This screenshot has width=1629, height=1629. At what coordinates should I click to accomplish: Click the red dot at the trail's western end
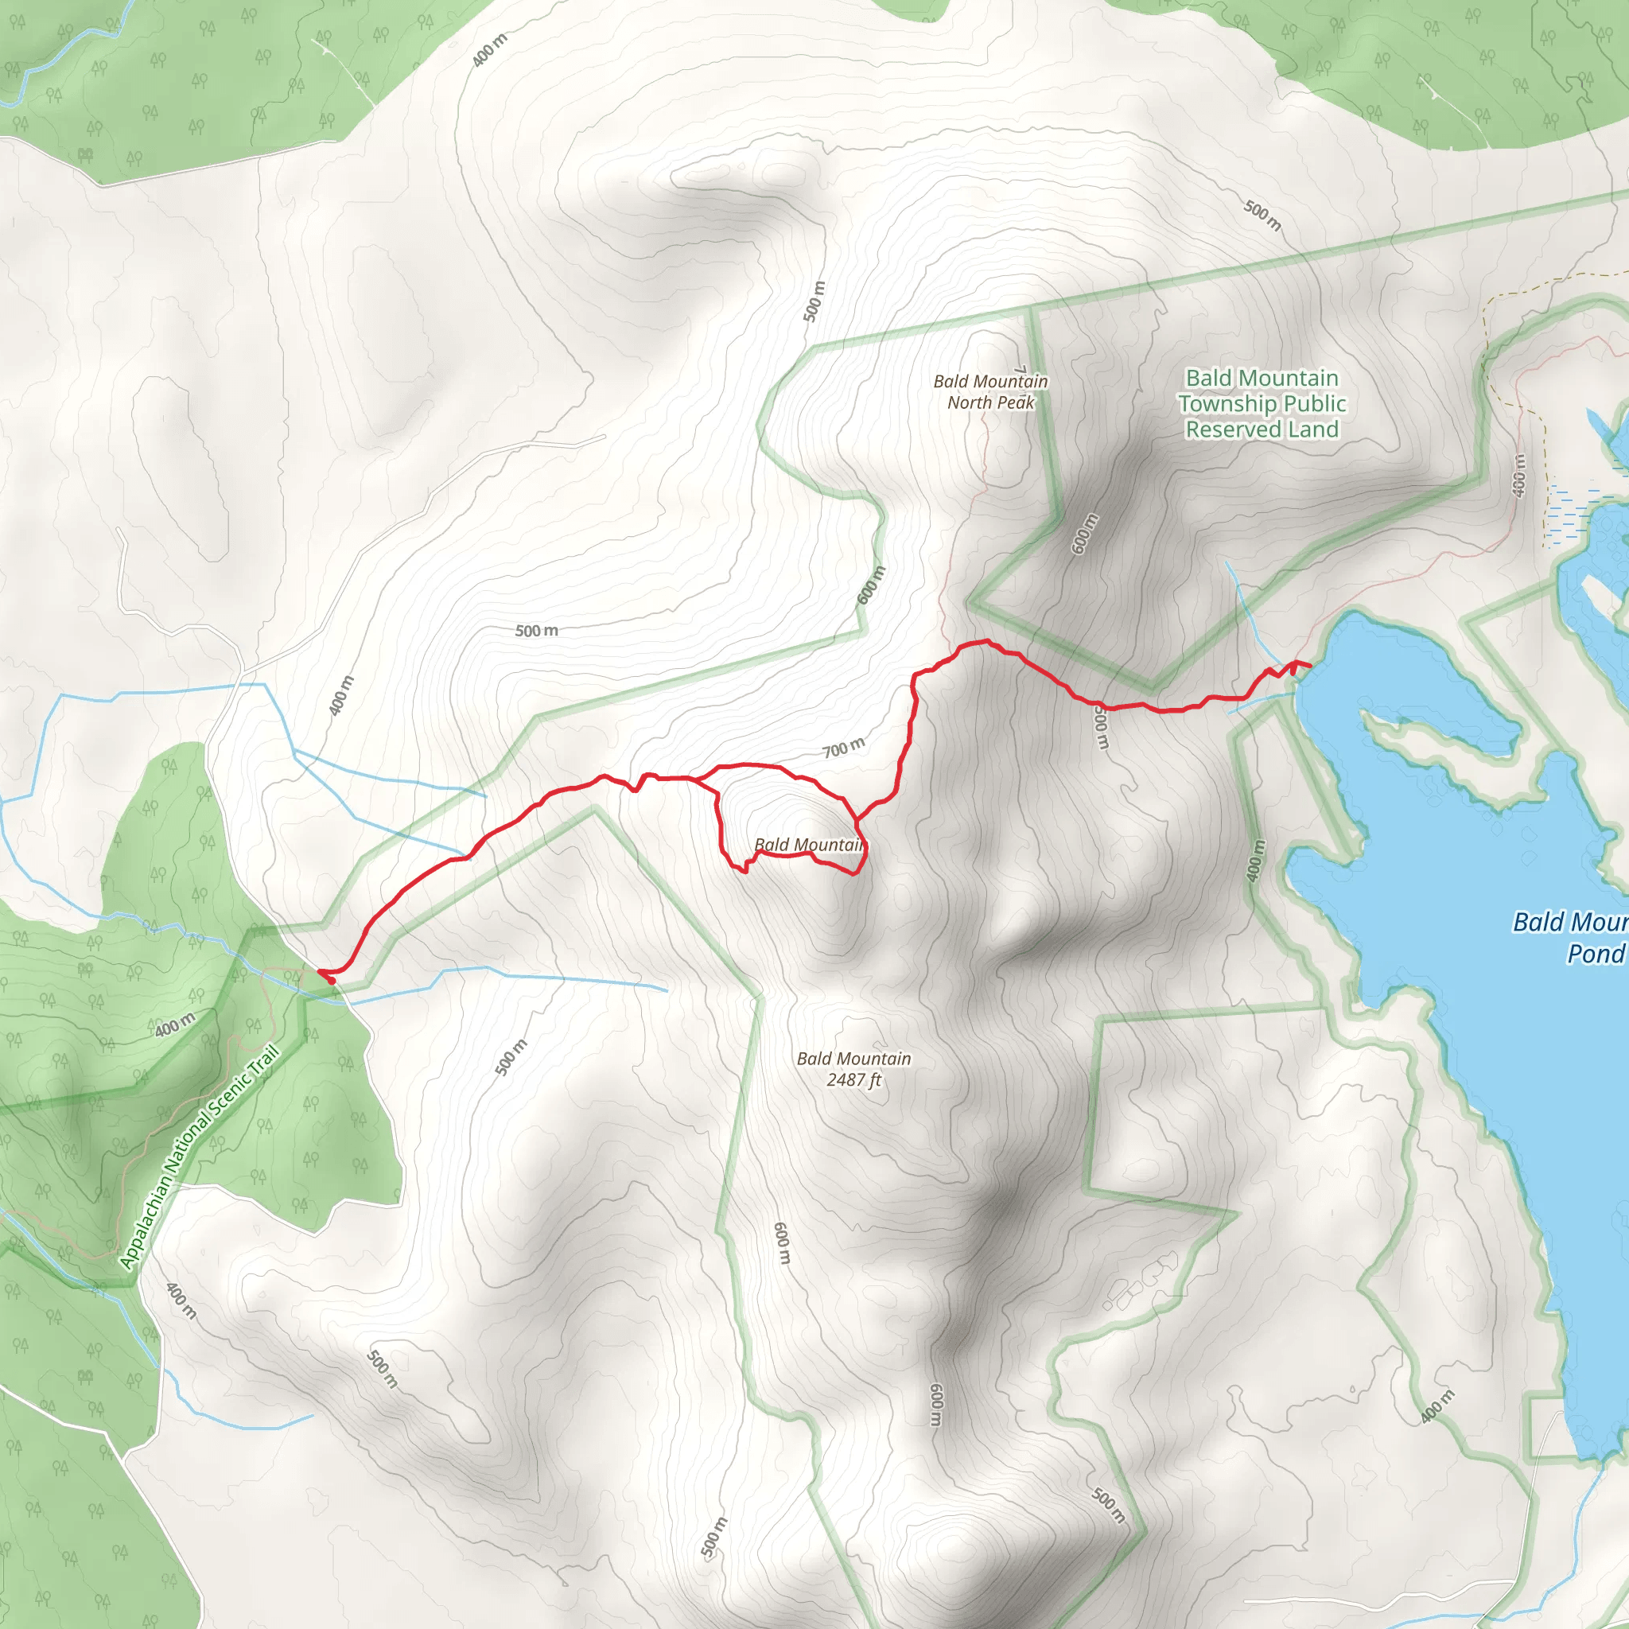pos(332,980)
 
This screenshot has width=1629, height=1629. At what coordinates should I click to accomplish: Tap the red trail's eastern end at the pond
pos(1308,666)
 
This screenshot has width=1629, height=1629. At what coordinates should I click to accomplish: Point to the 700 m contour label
pos(843,748)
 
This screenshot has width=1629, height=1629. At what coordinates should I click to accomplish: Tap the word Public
pos(1315,404)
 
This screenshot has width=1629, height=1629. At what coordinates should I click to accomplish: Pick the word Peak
pos(1014,403)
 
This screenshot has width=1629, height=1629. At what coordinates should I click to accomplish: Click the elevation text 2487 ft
pos(853,1080)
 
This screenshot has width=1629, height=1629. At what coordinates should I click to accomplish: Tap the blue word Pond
pos(1595,954)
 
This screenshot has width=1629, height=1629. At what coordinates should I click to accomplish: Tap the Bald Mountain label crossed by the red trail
pos(808,845)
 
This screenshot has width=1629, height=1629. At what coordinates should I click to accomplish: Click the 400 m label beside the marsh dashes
pos(1518,476)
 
